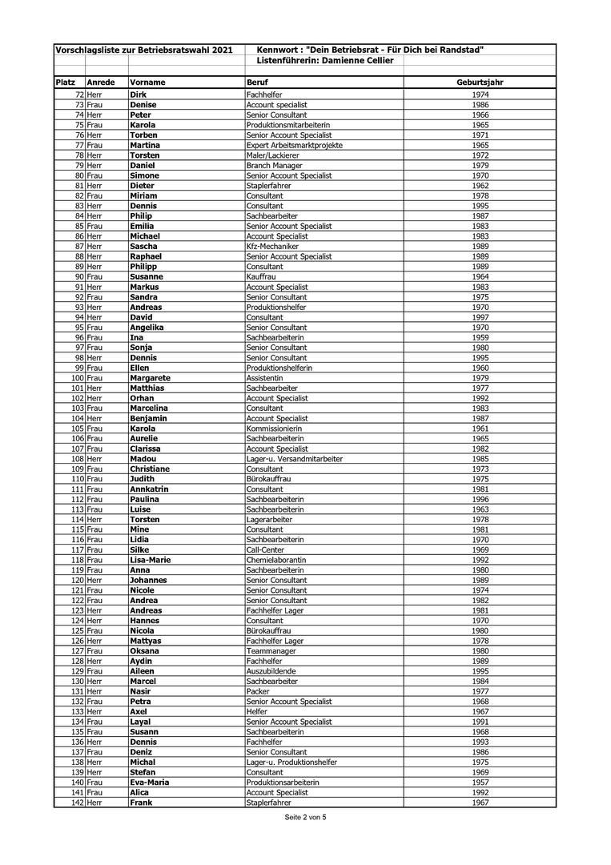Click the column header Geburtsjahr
coord(480,82)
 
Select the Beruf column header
coord(257,82)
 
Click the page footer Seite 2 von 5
coord(305,818)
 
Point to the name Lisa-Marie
coord(150,560)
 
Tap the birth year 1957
coord(480,782)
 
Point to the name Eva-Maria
coord(149,782)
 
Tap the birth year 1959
coord(480,337)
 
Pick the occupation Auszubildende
coord(271,671)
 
